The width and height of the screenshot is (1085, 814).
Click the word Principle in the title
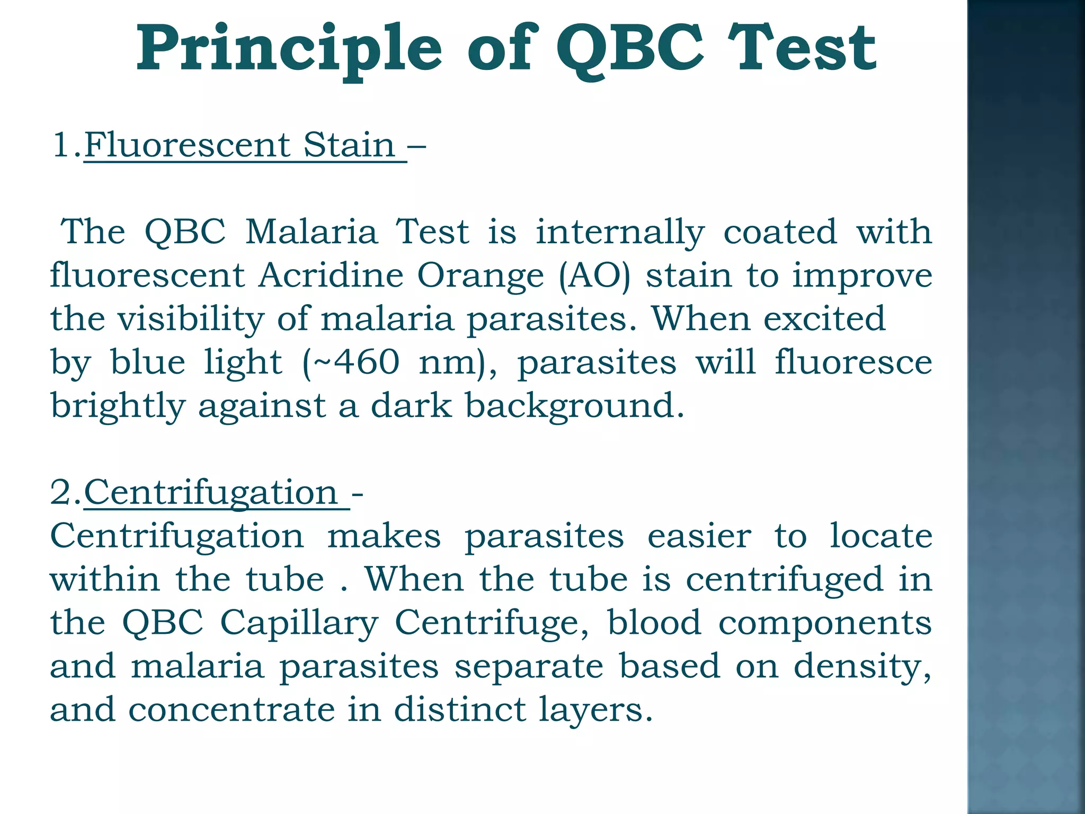click(x=289, y=49)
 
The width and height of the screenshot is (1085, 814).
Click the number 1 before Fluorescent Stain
click(x=61, y=145)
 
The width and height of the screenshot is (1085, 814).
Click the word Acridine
click(x=331, y=276)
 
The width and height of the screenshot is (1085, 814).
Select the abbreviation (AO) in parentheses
click(x=594, y=276)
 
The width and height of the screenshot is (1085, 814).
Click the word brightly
click(x=118, y=406)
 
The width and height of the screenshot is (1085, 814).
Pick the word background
click(x=574, y=406)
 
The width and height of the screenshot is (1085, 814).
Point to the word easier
click(x=699, y=536)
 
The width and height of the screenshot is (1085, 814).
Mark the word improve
click(x=861, y=276)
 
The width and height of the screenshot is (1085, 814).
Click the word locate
click(x=880, y=536)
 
